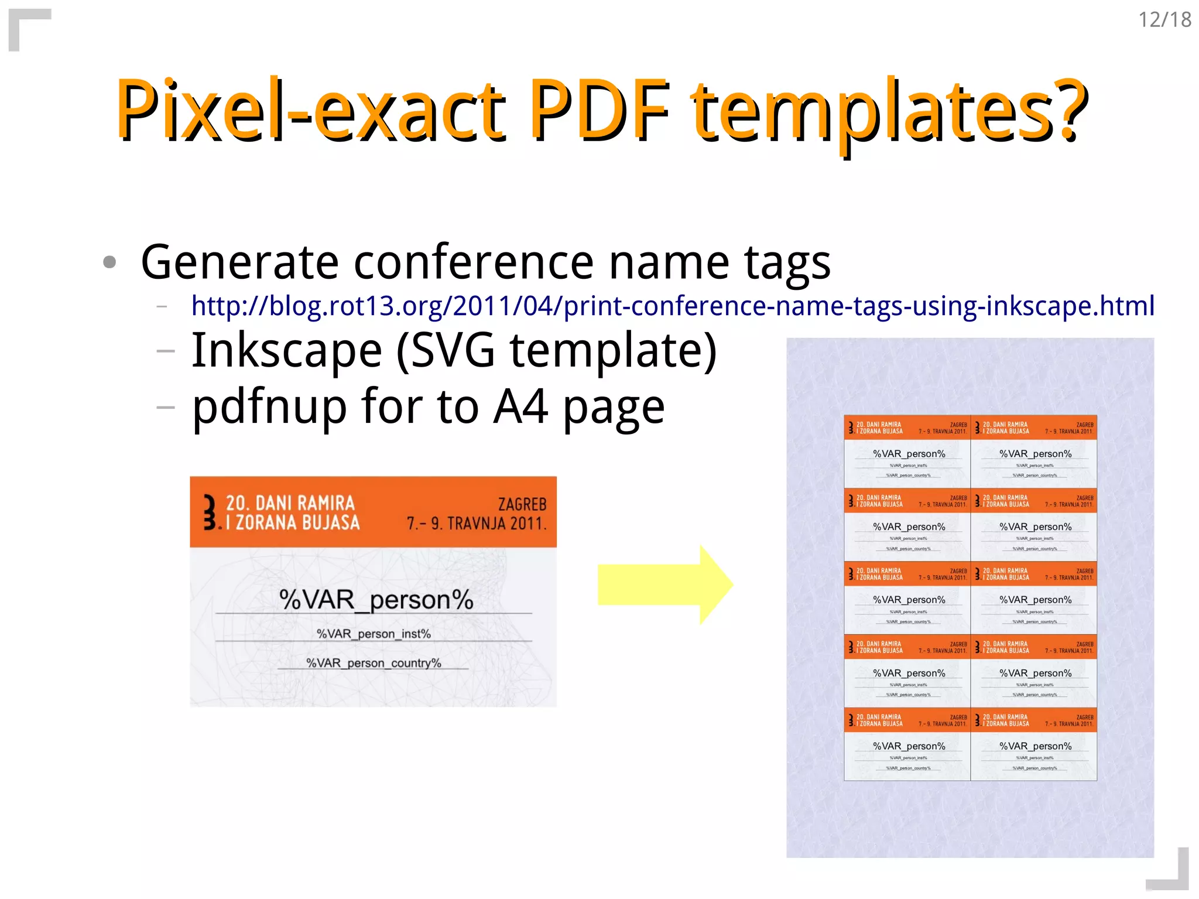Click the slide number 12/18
1164,20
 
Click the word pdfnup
269,408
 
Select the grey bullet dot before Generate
109,262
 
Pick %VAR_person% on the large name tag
376,600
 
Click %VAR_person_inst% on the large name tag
374,634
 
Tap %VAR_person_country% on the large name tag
374,663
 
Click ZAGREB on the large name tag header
522,504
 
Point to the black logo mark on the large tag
210,512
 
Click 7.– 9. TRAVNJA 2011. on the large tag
477,523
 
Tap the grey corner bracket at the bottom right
1173,876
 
